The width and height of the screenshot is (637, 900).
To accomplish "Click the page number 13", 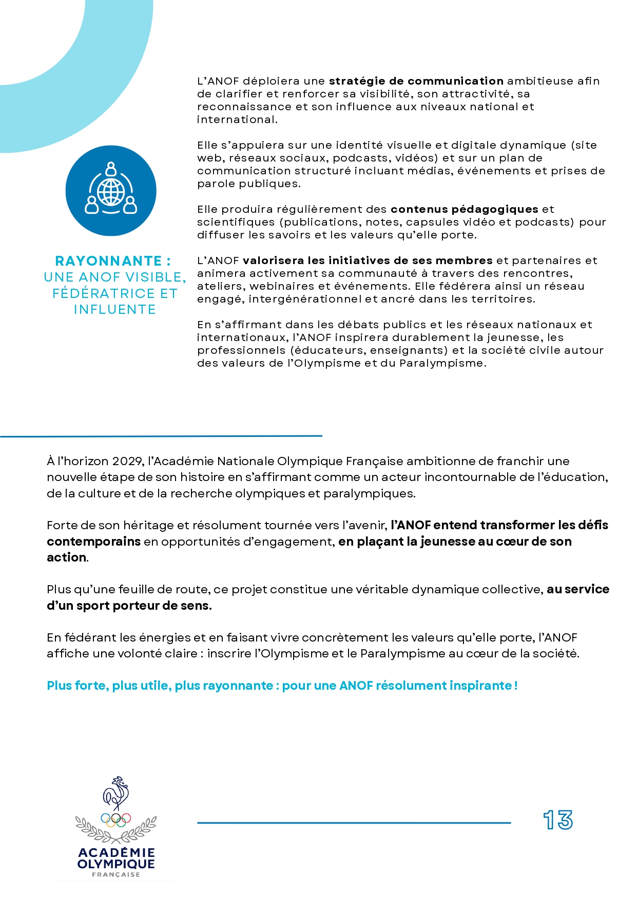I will [x=558, y=820].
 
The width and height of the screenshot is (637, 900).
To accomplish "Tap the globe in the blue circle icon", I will [x=111, y=192].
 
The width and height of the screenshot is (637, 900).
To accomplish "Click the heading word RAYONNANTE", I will [x=108, y=261].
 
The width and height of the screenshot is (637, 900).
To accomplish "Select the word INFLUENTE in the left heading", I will [x=115, y=309].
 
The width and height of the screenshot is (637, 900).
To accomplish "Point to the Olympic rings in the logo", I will [x=116, y=820].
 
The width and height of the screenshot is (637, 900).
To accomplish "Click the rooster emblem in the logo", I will [x=116, y=793].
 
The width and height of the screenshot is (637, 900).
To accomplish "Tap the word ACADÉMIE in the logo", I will [x=116, y=852].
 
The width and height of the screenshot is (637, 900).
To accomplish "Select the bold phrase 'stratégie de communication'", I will [x=416, y=81].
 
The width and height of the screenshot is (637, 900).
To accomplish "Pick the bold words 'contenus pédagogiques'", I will [x=464, y=209].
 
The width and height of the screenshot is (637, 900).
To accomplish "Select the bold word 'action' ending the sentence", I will [x=66, y=557].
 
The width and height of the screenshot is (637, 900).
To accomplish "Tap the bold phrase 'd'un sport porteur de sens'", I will [x=128, y=606].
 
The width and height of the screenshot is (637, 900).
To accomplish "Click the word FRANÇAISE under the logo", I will [x=116, y=875].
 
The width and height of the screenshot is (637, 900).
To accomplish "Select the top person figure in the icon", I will [x=111, y=169].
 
